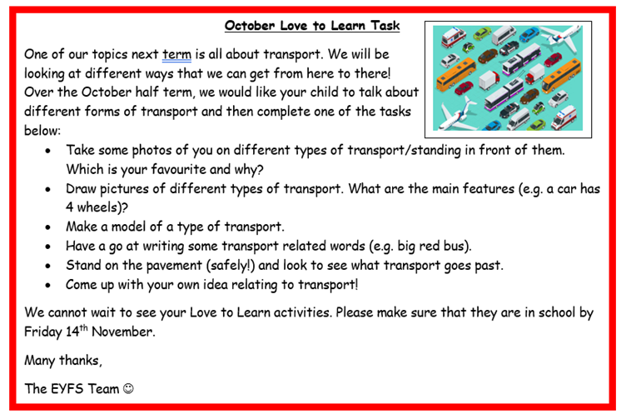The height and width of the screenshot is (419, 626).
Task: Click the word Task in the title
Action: point(385,26)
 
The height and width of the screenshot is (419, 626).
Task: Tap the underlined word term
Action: point(176,54)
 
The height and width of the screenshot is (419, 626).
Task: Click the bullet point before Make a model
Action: point(48,227)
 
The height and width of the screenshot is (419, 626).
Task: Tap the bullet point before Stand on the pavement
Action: point(48,266)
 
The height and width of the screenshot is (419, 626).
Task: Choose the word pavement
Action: point(172,266)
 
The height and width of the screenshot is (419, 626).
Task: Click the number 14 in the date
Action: point(72,332)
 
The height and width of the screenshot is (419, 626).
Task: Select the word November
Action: point(122,332)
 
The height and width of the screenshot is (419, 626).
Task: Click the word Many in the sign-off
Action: point(39,361)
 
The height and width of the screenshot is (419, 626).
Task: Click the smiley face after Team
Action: point(128,389)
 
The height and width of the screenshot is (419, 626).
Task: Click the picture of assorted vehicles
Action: point(508,78)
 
